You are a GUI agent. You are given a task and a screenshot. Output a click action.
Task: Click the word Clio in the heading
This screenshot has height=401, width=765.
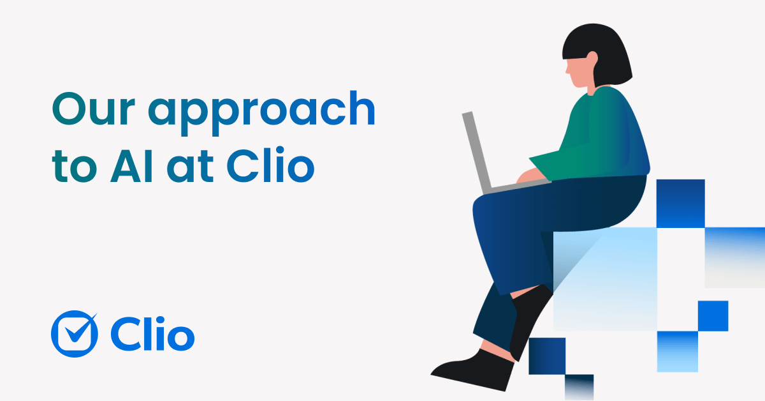click(271, 165)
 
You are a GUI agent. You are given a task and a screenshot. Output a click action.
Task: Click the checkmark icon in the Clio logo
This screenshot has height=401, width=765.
click(75, 333)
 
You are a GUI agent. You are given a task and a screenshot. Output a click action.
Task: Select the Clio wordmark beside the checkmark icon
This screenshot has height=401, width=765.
click(152, 333)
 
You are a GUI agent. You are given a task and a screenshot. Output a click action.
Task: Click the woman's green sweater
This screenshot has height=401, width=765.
click(606, 134)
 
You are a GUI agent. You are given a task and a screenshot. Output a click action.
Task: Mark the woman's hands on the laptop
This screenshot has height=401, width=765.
click(529, 175)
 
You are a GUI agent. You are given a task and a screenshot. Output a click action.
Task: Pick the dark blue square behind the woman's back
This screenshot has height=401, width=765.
click(680, 203)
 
